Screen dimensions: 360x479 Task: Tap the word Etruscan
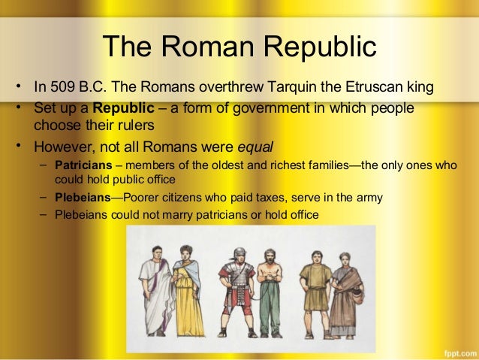368,87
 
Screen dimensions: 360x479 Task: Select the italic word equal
255,146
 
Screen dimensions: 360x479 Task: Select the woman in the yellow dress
187,289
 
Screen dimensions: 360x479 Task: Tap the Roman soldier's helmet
238,253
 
